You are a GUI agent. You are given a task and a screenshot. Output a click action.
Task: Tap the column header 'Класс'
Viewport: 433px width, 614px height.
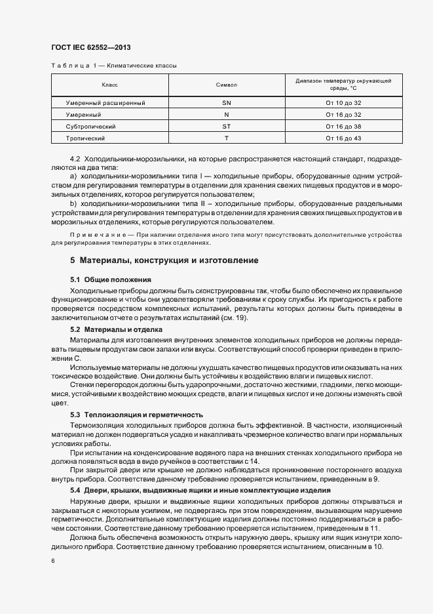coord(109,85)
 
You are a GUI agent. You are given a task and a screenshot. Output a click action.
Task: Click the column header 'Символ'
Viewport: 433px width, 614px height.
coord(226,85)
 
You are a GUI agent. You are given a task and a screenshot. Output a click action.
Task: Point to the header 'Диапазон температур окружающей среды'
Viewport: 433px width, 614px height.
coord(343,84)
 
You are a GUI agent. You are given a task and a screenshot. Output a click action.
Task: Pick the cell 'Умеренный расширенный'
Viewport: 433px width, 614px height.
coord(105,103)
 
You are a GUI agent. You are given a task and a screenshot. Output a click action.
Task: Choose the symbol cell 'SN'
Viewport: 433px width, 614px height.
coord(226,103)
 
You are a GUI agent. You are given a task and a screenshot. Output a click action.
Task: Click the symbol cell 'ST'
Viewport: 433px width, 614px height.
coord(226,126)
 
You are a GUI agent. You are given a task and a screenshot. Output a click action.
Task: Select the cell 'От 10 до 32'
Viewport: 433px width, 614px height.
coord(343,103)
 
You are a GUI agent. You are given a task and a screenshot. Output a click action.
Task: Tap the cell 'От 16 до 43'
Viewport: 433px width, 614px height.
coord(343,138)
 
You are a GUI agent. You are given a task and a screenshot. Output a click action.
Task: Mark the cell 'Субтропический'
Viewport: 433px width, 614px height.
coord(91,126)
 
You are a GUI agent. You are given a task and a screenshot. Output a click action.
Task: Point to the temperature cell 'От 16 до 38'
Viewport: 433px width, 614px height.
coord(343,126)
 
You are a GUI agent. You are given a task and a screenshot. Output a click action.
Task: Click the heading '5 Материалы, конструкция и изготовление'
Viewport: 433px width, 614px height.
coord(164,260)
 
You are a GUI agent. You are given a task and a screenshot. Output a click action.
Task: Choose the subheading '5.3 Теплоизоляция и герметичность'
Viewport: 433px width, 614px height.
coord(136,415)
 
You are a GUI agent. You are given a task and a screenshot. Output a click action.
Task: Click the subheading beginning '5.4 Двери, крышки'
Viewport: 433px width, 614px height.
coord(200,491)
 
